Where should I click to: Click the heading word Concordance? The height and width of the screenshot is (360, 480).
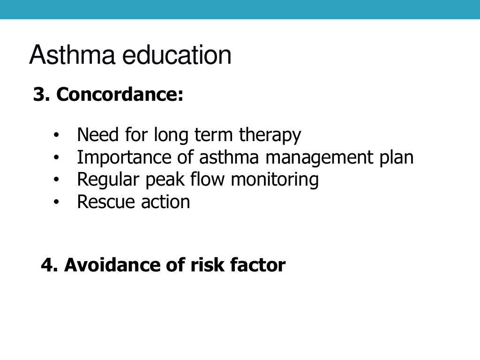pyautogui.click(x=120, y=95)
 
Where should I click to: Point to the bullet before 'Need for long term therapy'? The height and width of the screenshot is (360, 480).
pyautogui.click(x=56, y=136)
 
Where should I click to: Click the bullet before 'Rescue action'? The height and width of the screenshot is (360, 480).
pyautogui.click(x=56, y=202)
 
